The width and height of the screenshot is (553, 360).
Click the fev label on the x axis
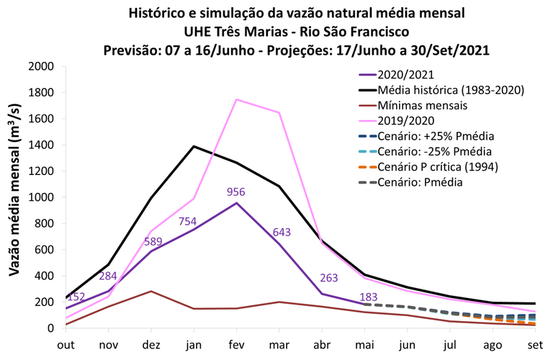pyautogui.click(x=236, y=345)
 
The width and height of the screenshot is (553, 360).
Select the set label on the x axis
pyautogui.click(x=534, y=345)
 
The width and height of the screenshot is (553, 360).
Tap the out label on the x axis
pyautogui.click(x=66, y=345)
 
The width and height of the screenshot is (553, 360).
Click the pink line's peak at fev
pyautogui.click(x=236, y=99)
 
